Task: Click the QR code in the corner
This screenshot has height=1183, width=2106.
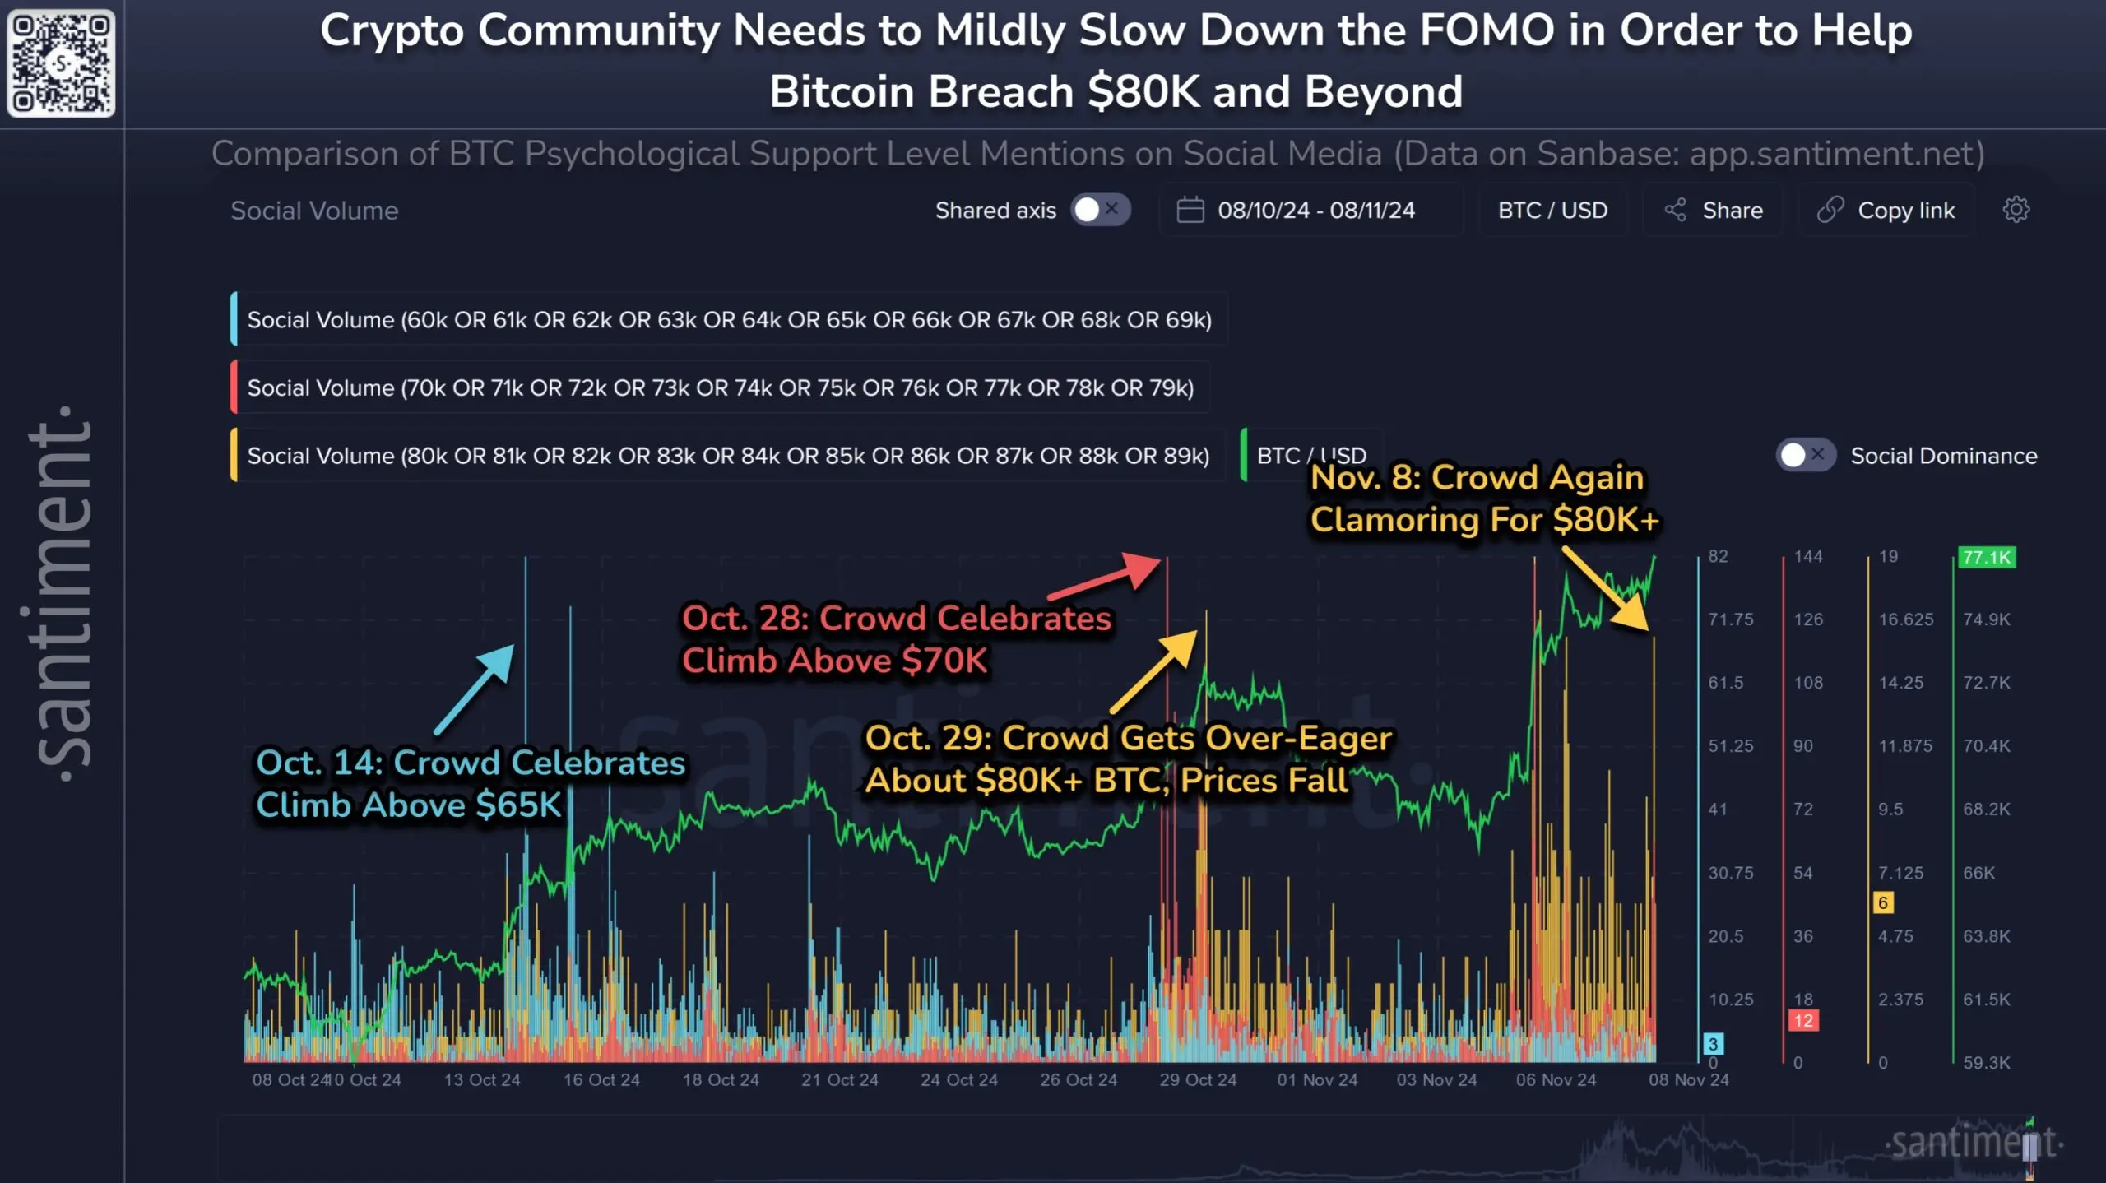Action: click(x=61, y=63)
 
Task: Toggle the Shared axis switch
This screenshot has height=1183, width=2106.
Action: click(x=1100, y=210)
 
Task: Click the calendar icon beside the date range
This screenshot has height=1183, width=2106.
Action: click(x=1190, y=210)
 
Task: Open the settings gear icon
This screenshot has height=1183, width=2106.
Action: click(x=2016, y=210)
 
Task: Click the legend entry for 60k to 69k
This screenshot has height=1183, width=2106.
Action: click(x=728, y=319)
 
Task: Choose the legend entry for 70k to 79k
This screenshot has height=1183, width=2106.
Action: click(x=719, y=387)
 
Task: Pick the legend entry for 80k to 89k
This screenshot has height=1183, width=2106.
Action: click(x=727, y=456)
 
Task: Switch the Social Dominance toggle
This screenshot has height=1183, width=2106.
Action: click(x=1805, y=455)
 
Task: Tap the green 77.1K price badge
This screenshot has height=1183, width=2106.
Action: click(x=1986, y=558)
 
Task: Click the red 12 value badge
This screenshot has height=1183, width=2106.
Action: click(x=1803, y=1021)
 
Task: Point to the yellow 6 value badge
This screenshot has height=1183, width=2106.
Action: click(x=1883, y=902)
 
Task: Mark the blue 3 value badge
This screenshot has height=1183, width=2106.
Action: click(x=1713, y=1044)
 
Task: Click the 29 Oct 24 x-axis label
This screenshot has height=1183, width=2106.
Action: click(x=1198, y=1079)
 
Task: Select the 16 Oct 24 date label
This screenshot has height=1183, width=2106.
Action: click(x=601, y=1079)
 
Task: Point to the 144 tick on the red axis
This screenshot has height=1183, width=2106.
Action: click(x=1808, y=557)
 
